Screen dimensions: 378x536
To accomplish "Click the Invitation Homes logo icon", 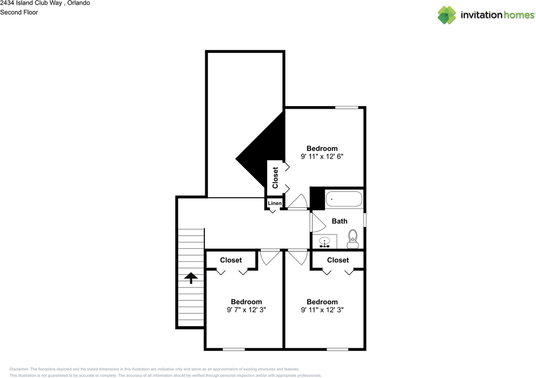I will pos(447,15).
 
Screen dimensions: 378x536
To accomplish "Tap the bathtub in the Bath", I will pos(343,199).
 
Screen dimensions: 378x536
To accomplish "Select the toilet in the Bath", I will pos(353,239).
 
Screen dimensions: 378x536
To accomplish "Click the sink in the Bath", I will pos(325,242).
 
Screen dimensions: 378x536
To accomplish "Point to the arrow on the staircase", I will pos(191,277).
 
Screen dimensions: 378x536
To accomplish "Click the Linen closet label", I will pos(275,203).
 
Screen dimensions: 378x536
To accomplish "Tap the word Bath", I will pos(339,221).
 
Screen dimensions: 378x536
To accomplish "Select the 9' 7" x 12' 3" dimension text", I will pos(246,310).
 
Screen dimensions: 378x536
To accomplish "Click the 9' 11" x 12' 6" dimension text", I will pos(322,157).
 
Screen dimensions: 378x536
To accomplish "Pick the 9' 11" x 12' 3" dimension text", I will pos(322,310).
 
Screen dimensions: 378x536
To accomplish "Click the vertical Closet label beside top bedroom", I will pos(275,178).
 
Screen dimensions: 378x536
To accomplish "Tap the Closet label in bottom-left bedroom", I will pos(231,260).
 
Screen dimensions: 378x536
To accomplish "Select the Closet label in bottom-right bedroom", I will pos(338,260).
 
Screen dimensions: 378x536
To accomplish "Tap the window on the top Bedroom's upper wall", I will pos(346,108).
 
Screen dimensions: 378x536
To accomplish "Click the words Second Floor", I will pos(19,12).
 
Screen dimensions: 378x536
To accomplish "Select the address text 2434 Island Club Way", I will pos(31,3).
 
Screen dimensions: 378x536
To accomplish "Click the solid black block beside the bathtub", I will pos(317,198).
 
